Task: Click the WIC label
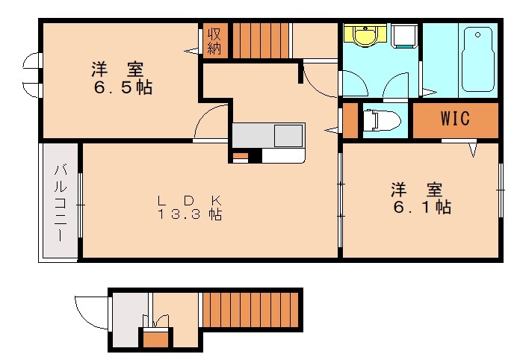point(454,119)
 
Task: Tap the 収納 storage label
point(214,40)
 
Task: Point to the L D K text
point(189,200)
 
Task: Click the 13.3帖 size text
point(189,215)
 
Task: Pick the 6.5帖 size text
point(123,88)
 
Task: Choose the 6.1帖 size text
point(421,207)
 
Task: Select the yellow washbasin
point(365,36)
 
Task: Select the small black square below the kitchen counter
point(255,157)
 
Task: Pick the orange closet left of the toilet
point(350,122)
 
